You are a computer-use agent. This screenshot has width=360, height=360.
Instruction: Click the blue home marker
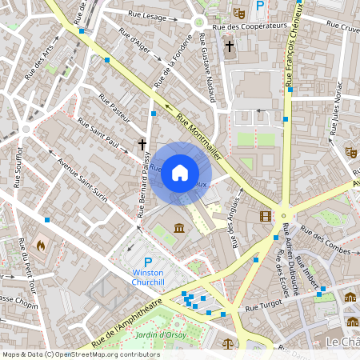click(180, 173)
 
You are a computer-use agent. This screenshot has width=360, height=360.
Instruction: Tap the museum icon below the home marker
click(178, 230)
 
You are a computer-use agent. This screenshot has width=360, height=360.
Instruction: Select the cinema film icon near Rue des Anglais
click(265, 215)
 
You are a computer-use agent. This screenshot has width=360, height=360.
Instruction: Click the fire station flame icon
click(41, 245)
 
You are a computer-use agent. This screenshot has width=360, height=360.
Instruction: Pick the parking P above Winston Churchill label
click(147, 262)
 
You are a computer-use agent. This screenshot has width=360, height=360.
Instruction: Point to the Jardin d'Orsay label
click(161, 334)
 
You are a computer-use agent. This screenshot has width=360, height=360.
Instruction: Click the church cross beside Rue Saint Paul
click(142, 145)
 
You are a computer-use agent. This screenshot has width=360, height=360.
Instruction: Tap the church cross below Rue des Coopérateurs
click(229, 46)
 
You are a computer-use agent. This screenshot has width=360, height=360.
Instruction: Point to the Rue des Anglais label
click(236, 228)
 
